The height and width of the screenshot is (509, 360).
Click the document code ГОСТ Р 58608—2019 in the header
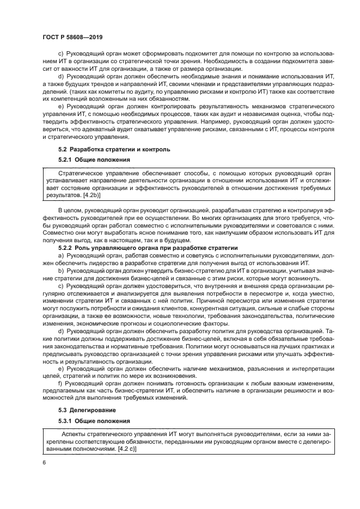pyautogui.click(x=72, y=36)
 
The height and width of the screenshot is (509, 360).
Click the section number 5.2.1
pyautogui.click(x=68, y=160)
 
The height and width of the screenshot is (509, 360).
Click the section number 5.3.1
pyautogui.click(x=68, y=420)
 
